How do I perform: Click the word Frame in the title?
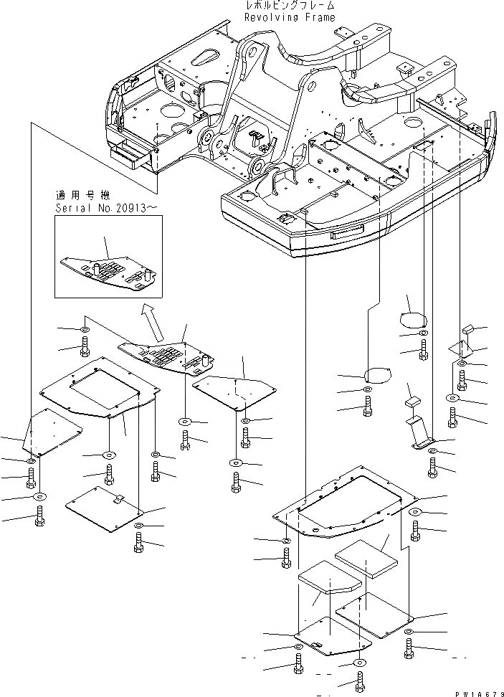[319, 17]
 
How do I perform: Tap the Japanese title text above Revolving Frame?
[290, 6]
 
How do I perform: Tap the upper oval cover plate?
[412, 318]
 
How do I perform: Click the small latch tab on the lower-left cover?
[120, 498]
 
